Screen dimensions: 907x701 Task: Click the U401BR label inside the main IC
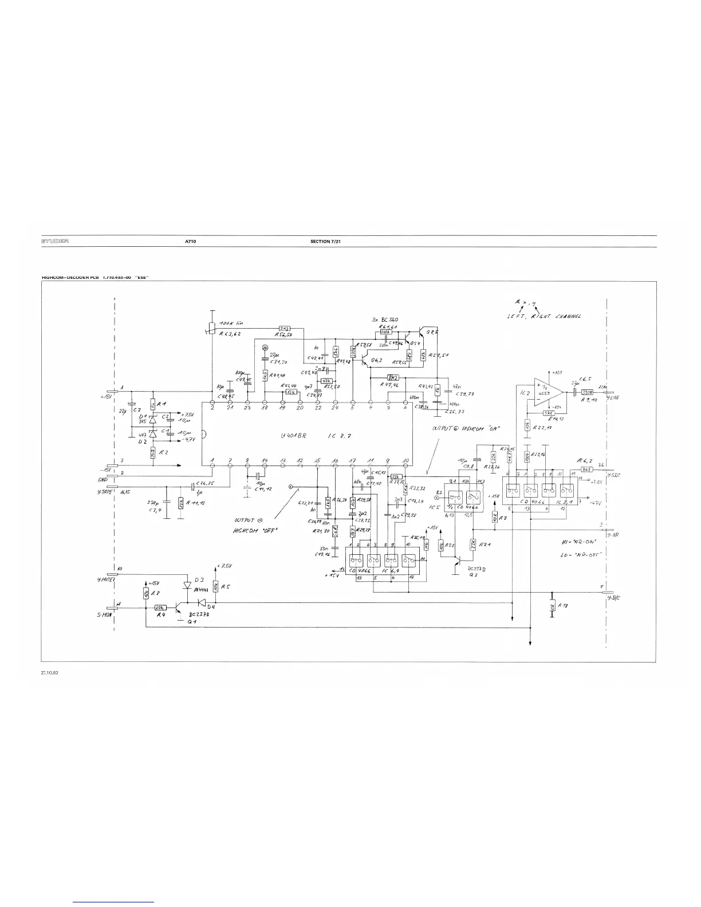(x=294, y=435)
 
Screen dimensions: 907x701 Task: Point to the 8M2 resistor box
(x=392, y=377)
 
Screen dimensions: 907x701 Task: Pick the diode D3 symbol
(x=187, y=585)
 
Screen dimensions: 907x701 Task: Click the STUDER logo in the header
(x=55, y=242)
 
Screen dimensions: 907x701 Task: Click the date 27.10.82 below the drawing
(x=50, y=673)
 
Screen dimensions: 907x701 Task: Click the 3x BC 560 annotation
(x=385, y=320)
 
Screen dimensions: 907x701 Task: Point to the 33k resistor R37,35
(x=396, y=476)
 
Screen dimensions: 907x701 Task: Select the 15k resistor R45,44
(x=291, y=392)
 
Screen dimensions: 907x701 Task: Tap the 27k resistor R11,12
(x=181, y=503)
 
